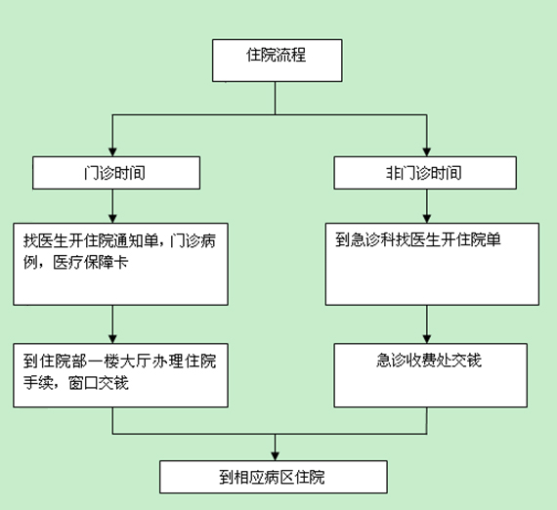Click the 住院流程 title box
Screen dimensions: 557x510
point(278,61)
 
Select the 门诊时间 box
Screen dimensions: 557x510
point(116,173)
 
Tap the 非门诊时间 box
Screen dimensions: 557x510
point(425,173)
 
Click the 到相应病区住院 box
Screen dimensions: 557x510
point(274,477)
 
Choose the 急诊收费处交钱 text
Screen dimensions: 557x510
point(429,361)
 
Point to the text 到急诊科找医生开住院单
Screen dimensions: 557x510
point(418,239)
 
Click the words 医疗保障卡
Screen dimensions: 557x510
point(91,263)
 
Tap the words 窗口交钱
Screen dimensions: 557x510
point(99,383)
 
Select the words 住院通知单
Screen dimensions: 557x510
point(121,240)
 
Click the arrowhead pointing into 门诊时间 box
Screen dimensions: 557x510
point(112,152)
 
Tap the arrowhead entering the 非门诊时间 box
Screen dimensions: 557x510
point(427,152)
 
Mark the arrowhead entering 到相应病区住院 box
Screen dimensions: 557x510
point(275,456)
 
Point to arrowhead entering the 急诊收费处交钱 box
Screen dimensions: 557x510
point(427,339)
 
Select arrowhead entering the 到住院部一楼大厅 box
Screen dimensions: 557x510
point(112,339)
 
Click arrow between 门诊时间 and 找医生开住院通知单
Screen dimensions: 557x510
point(112,206)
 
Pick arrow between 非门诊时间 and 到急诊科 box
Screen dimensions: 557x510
point(427,206)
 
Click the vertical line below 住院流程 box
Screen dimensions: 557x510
point(275,98)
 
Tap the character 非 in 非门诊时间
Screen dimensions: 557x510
point(393,173)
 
